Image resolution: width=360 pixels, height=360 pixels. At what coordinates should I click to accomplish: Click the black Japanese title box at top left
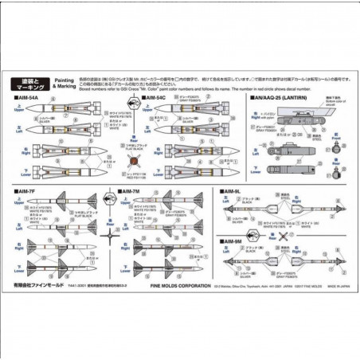point(31,81)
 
